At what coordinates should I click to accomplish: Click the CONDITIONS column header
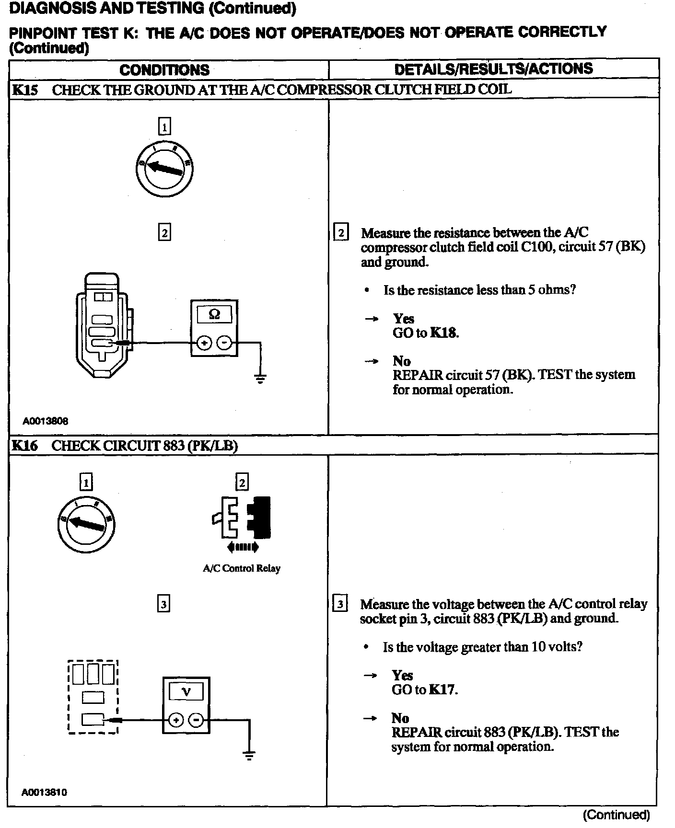tap(164, 70)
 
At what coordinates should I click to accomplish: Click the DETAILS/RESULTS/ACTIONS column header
tap(493, 69)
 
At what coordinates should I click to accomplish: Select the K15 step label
tap(24, 90)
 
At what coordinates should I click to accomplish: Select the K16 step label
tap(24, 446)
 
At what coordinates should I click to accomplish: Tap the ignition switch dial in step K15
tap(164, 169)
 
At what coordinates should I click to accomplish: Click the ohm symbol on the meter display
tap(214, 314)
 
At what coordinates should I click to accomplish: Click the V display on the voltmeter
tap(186, 691)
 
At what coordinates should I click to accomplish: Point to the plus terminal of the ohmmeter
tap(204, 343)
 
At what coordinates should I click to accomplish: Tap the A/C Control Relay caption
tap(242, 569)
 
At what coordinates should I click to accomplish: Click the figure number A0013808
tap(46, 421)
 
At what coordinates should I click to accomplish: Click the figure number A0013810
tap(45, 792)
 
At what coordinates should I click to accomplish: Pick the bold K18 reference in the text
tap(443, 333)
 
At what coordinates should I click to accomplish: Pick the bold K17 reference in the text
tap(442, 690)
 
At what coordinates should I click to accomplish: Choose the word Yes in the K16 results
tap(402, 675)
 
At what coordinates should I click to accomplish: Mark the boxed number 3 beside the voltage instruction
tap(340, 604)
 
